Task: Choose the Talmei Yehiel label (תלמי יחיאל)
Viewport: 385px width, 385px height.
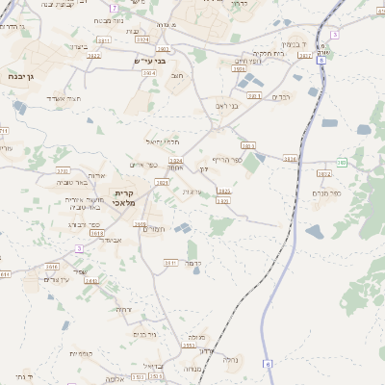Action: coord(164,142)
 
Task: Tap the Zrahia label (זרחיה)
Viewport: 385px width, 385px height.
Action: coord(123,309)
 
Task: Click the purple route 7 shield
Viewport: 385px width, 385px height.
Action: coord(113,8)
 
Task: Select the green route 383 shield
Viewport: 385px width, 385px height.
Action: coord(341,162)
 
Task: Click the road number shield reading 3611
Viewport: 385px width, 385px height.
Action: coord(170,262)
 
